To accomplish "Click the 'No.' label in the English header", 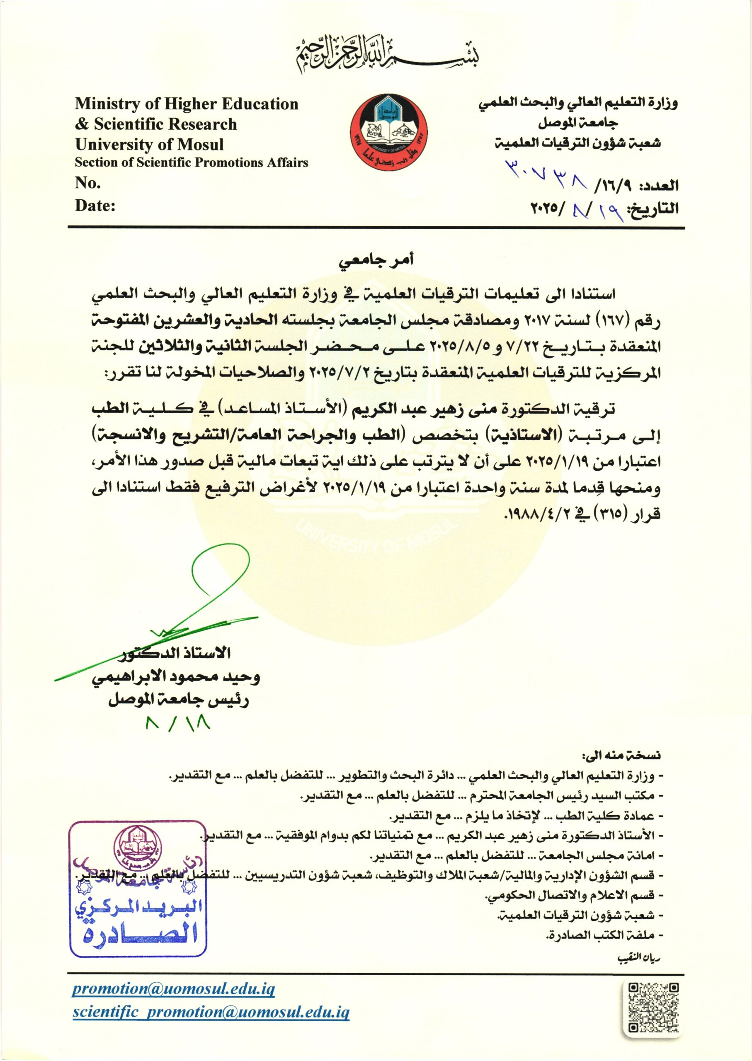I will [88, 183].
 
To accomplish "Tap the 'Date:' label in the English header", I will [95, 205].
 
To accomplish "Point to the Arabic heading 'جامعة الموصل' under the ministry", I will [577, 123].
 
